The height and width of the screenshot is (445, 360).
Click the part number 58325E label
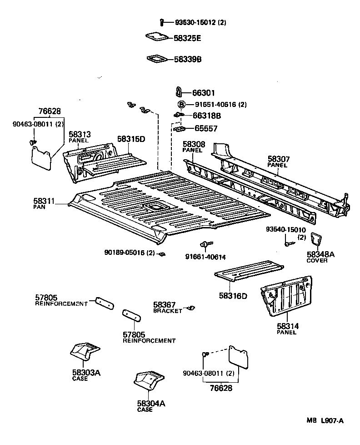click(x=187, y=39)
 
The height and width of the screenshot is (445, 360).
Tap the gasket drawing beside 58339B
click(x=156, y=59)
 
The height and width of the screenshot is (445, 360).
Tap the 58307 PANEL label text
click(x=279, y=162)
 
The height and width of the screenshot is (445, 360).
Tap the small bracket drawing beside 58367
click(x=191, y=308)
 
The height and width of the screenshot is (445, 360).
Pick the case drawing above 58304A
click(x=149, y=381)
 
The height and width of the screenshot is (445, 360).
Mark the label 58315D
click(x=131, y=139)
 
